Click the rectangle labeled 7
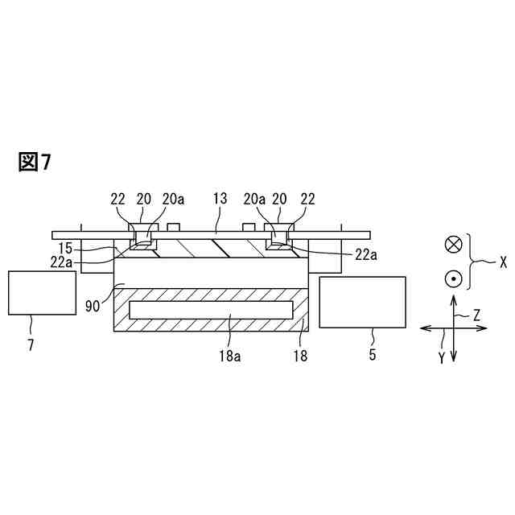pyautogui.click(x=42, y=293)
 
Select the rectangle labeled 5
pyautogui.click(x=362, y=302)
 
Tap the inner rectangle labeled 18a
pyautogui.click(x=211, y=310)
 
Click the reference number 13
pyautogui.click(x=220, y=199)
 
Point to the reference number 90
pyautogui.click(x=93, y=306)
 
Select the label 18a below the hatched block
pyautogui.click(x=232, y=356)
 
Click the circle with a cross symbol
pyautogui.click(x=454, y=244)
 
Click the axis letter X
pyautogui.click(x=503, y=261)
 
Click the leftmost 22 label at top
pyautogui.click(x=117, y=199)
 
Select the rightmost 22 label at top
pyautogui.click(x=307, y=199)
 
